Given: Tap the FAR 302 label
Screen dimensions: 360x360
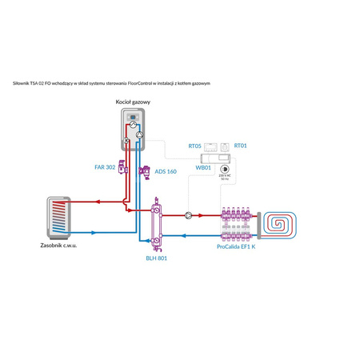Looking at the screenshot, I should (105, 167).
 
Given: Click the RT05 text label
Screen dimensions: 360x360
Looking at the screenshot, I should (194, 146).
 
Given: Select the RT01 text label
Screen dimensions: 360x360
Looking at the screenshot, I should (241, 146).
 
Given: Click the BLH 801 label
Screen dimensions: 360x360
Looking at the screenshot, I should (156, 258).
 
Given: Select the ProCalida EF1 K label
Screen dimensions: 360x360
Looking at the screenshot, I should (236, 247).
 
